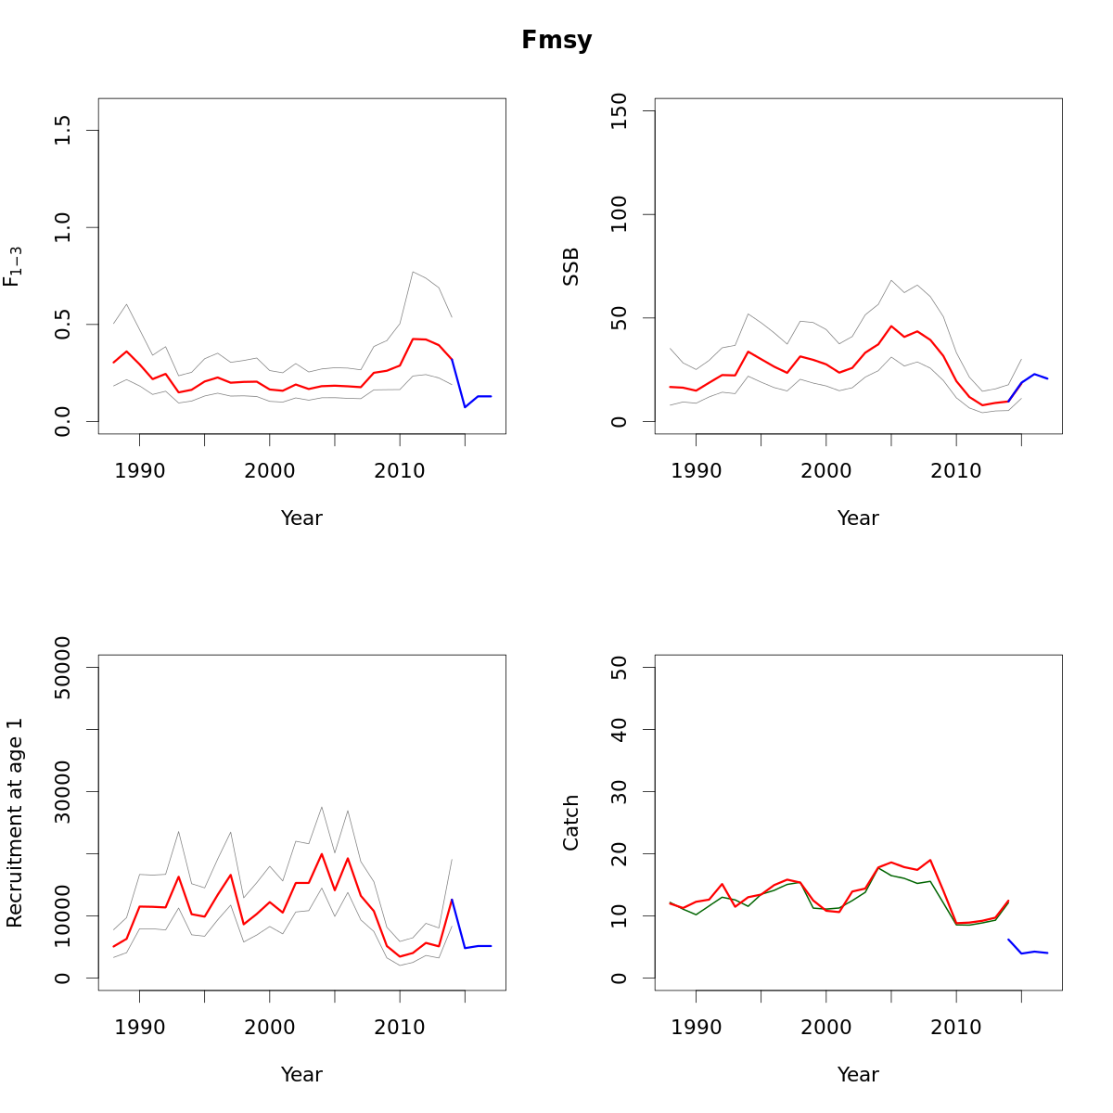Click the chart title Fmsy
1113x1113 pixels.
tap(556, 41)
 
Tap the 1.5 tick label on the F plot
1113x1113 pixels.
tap(63, 130)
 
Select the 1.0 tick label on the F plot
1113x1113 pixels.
tap(63, 227)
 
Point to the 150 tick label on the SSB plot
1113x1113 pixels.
tap(620, 111)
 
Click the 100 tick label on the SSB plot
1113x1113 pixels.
tap(620, 214)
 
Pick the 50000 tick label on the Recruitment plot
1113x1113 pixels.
tap(63, 668)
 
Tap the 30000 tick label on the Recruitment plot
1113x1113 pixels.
tap(63, 791)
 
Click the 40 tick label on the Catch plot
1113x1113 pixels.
tap(620, 730)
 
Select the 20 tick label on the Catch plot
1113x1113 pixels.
tap(620, 853)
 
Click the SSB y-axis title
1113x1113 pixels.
tap(571, 266)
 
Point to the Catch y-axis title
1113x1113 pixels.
tap(571, 823)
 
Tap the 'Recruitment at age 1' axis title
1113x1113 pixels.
tap(15, 823)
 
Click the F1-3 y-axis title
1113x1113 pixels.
tap(13, 266)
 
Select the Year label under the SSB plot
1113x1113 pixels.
tap(858, 518)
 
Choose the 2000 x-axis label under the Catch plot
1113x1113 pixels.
tap(826, 1028)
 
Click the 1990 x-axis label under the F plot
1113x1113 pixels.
tap(140, 471)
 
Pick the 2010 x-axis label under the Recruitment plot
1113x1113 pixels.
tap(400, 1028)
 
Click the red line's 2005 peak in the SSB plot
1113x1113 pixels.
tap(891, 326)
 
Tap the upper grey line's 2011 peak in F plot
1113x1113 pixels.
tap(413, 272)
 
